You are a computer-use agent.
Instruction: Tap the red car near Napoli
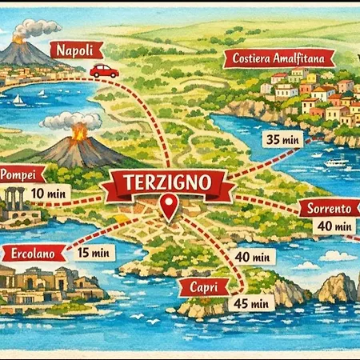[104, 71]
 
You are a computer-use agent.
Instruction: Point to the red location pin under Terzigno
[168, 207]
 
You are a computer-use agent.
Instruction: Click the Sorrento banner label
[329, 209]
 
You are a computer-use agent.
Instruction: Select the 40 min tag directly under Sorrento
[334, 226]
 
